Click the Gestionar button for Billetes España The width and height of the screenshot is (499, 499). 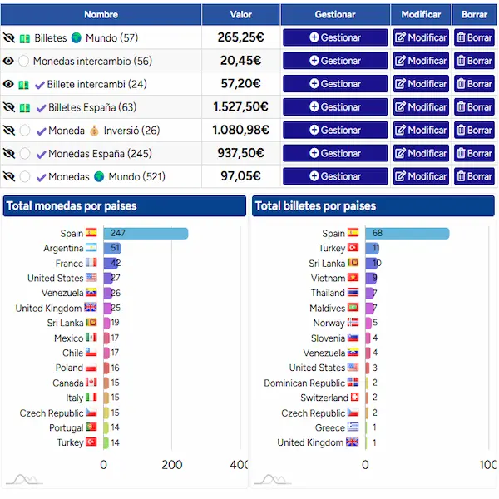(335, 107)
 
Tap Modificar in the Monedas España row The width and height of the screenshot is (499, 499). (421, 153)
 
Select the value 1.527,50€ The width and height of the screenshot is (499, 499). (240, 107)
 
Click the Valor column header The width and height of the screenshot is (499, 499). (241, 15)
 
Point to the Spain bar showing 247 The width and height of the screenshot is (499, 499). (146, 233)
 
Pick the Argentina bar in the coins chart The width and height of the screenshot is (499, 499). (112, 248)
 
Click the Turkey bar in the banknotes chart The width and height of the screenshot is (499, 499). (372, 248)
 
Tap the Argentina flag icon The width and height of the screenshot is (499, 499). (91, 248)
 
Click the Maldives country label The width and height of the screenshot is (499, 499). (327, 308)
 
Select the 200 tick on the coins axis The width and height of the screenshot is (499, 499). (172, 465)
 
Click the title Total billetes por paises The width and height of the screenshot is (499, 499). (315, 206)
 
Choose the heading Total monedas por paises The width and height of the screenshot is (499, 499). (72, 206)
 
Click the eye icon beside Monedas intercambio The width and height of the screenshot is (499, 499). (8, 61)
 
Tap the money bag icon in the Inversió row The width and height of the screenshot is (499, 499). (94, 131)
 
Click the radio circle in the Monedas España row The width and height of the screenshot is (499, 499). (25, 153)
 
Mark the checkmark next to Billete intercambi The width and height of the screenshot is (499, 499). (40, 85)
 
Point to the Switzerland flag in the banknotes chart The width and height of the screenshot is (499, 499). (354, 398)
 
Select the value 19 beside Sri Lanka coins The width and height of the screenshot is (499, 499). (115, 323)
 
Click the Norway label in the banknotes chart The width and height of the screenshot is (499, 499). (329, 323)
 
